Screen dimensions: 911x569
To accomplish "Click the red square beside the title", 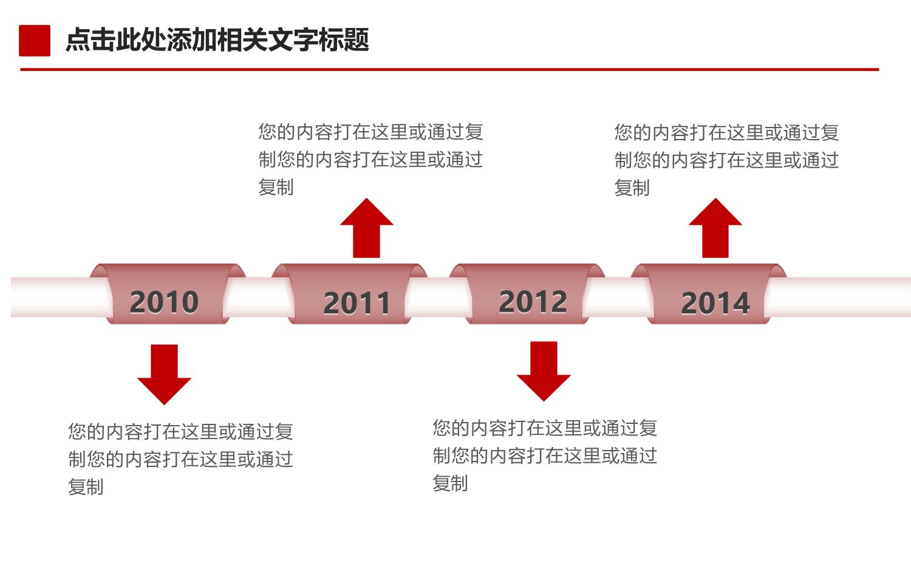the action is click(35, 40).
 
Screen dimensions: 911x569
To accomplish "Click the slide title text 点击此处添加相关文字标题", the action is click(217, 40).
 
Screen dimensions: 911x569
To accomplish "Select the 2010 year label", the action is click(164, 302).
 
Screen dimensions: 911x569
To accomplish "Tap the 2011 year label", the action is click(357, 304).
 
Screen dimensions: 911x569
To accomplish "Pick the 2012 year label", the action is click(533, 302).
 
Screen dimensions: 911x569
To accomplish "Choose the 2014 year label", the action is click(715, 304).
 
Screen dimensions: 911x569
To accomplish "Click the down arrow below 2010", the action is click(165, 375).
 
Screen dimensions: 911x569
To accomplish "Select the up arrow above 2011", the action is click(366, 228).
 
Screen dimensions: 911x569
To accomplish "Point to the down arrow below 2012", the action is click(544, 371).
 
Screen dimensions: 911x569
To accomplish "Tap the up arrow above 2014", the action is click(715, 228).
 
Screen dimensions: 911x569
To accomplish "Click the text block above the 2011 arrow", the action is click(370, 160).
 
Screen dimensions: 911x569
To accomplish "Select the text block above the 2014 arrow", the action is click(726, 160).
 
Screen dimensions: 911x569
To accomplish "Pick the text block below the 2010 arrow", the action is click(180, 458).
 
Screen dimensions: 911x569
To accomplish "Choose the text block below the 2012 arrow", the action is click(545, 455).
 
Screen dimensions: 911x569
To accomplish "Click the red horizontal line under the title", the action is click(449, 70).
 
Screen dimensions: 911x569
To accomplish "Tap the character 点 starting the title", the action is click(78, 40).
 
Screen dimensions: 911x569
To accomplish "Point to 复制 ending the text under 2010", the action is click(86, 486).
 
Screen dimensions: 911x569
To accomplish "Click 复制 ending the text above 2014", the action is click(632, 188).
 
